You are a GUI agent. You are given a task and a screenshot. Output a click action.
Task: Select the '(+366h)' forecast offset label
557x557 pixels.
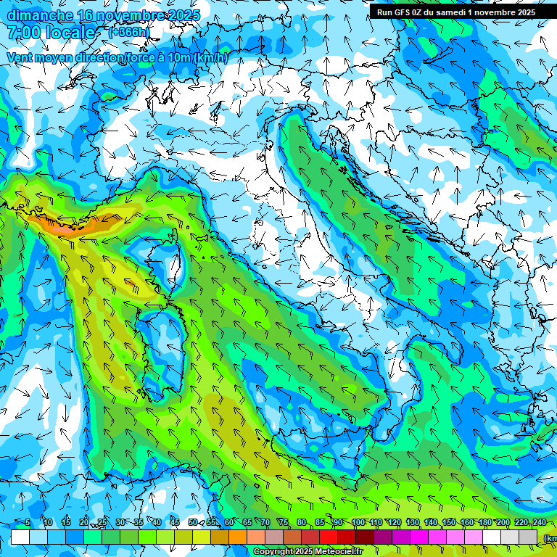tap(129, 32)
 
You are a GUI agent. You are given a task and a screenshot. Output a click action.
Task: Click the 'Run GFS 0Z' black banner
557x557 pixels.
tap(455, 12)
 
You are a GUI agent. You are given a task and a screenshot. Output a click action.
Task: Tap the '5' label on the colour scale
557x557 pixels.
tap(28, 523)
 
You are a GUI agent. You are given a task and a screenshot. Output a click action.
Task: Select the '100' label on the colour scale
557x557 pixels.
tap(358, 523)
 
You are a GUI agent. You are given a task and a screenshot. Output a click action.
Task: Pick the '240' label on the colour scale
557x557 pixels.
tap(538, 523)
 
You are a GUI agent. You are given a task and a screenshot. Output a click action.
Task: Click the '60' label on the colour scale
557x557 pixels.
tap(228, 523)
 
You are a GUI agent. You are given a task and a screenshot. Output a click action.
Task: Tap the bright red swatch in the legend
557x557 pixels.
tap(328, 537)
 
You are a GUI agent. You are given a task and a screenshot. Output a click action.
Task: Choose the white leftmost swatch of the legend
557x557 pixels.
tap(20, 537)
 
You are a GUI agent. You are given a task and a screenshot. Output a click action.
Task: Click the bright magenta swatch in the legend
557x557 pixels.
tap(418, 537)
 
